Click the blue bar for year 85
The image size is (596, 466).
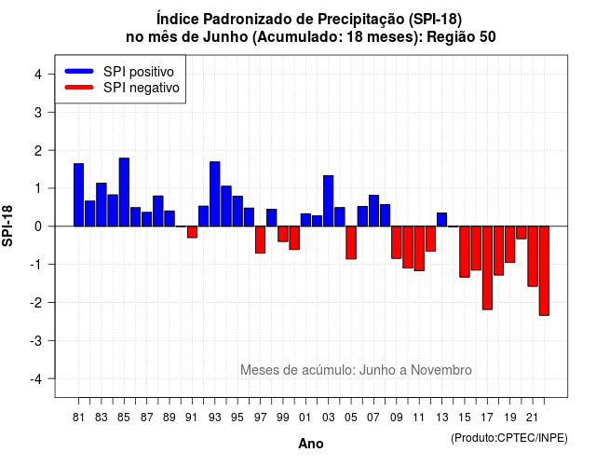[x=124, y=192]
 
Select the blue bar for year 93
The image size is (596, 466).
[x=215, y=194]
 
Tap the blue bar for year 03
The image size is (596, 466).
[x=329, y=201]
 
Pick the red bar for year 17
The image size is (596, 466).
[x=487, y=267]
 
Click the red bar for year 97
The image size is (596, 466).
[x=261, y=240]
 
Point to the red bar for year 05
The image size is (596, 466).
[x=351, y=242]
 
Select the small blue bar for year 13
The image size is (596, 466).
[x=441, y=220]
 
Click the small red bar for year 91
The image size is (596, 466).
[x=192, y=232]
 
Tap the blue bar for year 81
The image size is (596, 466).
[x=78, y=195]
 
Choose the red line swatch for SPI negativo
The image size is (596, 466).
[x=79, y=88]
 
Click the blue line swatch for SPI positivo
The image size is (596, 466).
[x=79, y=71]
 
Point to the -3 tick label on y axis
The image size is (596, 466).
[x=37, y=340]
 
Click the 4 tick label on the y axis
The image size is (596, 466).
[x=38, y=74]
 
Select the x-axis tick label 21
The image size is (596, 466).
[x=533, y=418]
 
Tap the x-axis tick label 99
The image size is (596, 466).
[x=283, y=418]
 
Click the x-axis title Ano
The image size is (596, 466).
[x=311, y=444]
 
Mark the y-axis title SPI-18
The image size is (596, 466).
[x=7, y=226]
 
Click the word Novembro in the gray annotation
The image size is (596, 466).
[x=441, y=370]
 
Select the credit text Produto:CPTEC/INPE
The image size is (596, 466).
[x=509, y=438]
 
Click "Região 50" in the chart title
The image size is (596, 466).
[x=461, y=37]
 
